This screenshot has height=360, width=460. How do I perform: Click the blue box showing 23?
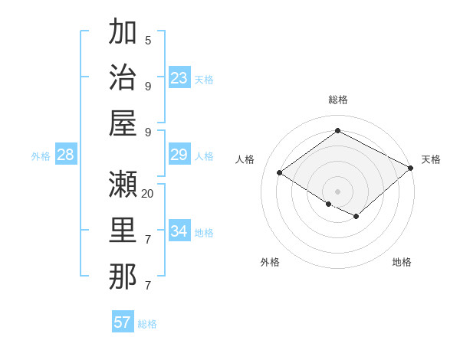179,78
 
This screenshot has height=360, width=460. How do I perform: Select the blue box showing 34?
179,231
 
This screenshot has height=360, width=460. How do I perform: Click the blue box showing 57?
123,322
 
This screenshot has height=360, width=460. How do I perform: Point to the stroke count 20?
148,193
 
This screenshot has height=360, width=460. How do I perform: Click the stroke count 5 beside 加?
148,40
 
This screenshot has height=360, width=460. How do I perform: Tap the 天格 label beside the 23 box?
204,80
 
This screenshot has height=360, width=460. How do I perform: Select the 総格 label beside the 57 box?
148,324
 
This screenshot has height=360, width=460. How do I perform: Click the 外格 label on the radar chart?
270,262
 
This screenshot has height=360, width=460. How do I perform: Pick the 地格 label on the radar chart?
402,262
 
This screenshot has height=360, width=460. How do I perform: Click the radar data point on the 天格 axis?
410,168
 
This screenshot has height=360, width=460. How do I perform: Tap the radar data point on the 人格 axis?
279,173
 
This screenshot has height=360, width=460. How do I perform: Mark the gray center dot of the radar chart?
337,191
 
